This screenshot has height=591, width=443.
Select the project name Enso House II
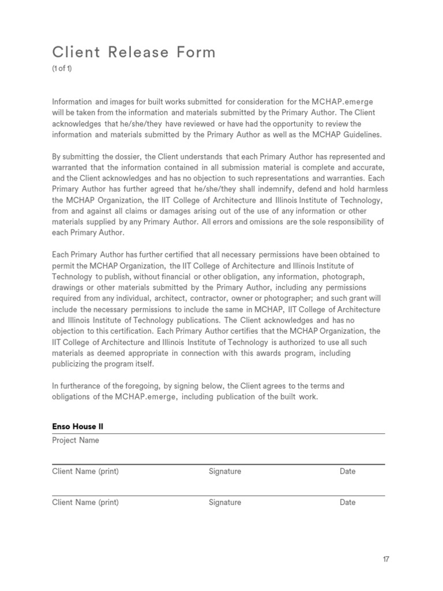[x=78, y=427]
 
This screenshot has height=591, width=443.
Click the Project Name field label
[x=76, y=440]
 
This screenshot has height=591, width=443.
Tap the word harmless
[x=367, y=189]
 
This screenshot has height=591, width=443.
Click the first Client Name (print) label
[x=85, y=472]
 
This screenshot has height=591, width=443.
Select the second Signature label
[x=225, y=503]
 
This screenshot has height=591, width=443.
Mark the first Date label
[x=348, y=472]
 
